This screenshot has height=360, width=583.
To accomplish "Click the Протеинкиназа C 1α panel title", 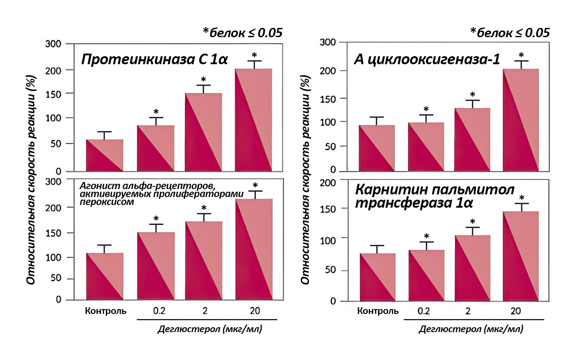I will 154,59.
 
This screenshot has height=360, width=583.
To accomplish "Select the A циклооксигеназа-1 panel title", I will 427,60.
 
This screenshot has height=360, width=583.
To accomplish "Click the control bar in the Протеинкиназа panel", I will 104,155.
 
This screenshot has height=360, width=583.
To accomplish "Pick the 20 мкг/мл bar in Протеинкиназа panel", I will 253,120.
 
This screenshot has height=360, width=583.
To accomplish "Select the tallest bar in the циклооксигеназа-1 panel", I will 521,120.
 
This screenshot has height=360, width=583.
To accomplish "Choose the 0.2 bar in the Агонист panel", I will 155,266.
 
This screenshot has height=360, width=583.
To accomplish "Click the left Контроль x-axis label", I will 106,311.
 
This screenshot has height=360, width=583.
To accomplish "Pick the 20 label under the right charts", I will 515,311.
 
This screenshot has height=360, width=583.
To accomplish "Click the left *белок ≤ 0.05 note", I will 242,33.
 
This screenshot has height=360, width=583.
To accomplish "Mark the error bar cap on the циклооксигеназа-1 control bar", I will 376,117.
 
